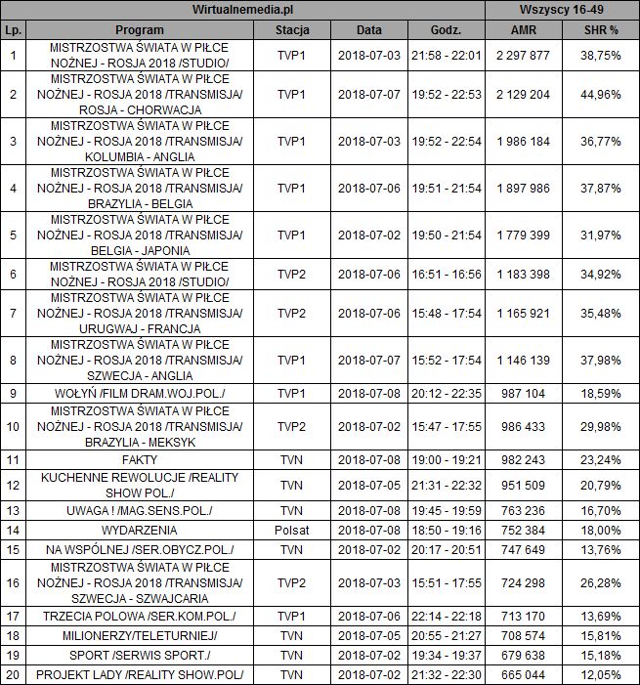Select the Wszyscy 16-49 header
(564, 10)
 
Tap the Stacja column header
(292, 29)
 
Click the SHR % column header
(599, 29)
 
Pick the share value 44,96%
(599, 95)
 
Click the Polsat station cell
(292, 530)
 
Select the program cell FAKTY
(139, 457)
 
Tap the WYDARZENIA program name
(139, 530)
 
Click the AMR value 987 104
(523, 394)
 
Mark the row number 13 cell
(12, 509)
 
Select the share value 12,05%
(599, 675)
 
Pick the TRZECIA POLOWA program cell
(139, 617)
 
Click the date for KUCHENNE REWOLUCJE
(369, 484)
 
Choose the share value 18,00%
(599, 530)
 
